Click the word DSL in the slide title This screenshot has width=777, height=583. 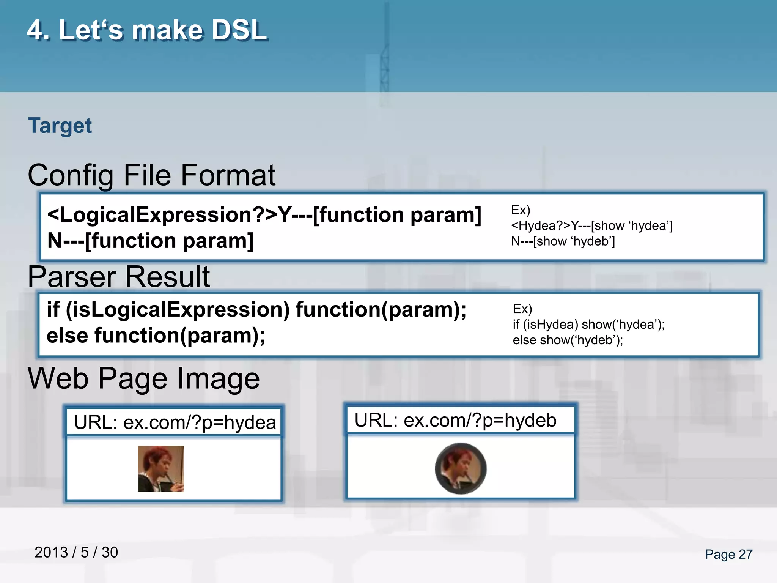239,30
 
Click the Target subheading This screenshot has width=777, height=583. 60,126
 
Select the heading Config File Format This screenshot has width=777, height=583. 151,175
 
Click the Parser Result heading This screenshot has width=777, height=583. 118,277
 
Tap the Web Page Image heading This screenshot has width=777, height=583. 144,378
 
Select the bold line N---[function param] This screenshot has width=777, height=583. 150,241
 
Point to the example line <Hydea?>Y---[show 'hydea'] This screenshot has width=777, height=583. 591,225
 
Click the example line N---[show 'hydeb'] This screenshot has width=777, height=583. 563,241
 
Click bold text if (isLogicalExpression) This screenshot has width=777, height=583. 168,309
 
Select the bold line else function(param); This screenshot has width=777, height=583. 156,336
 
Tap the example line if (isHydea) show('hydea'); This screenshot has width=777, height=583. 588,325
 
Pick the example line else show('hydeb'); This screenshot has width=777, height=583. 568,340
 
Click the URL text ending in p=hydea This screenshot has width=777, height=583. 175,422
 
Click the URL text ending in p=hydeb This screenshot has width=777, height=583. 455,420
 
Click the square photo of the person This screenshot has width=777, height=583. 160,469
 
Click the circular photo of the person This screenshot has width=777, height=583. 461,469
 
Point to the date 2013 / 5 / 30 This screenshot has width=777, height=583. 76,552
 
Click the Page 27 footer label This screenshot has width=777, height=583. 728,554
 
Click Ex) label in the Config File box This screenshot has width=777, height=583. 521,210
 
